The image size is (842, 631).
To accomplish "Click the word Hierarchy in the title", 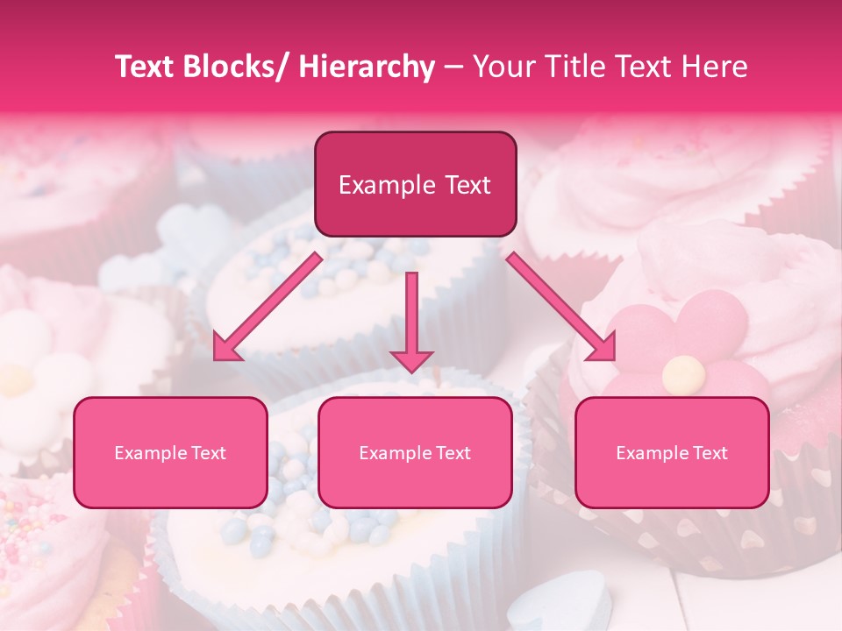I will tap(366, 67).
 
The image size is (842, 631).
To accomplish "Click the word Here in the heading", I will tap(715, 67).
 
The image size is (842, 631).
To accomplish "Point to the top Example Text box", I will tap(415, 184).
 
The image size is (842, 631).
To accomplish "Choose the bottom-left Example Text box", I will tap(170, 452).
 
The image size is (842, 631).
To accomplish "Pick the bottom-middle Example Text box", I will tap(415, 452).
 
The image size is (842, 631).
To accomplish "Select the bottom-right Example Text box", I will tap(672, 452).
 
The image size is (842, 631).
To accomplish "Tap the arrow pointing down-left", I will tap(268, 307).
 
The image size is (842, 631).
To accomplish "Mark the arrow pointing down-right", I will tap(561, 307).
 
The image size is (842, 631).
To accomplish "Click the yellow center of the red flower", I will tap(683, 375).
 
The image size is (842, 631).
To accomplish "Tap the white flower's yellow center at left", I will tap(18, 379).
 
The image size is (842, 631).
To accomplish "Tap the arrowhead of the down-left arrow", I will tap(226, 348).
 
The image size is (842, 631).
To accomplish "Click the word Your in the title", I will tap(500, 67).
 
